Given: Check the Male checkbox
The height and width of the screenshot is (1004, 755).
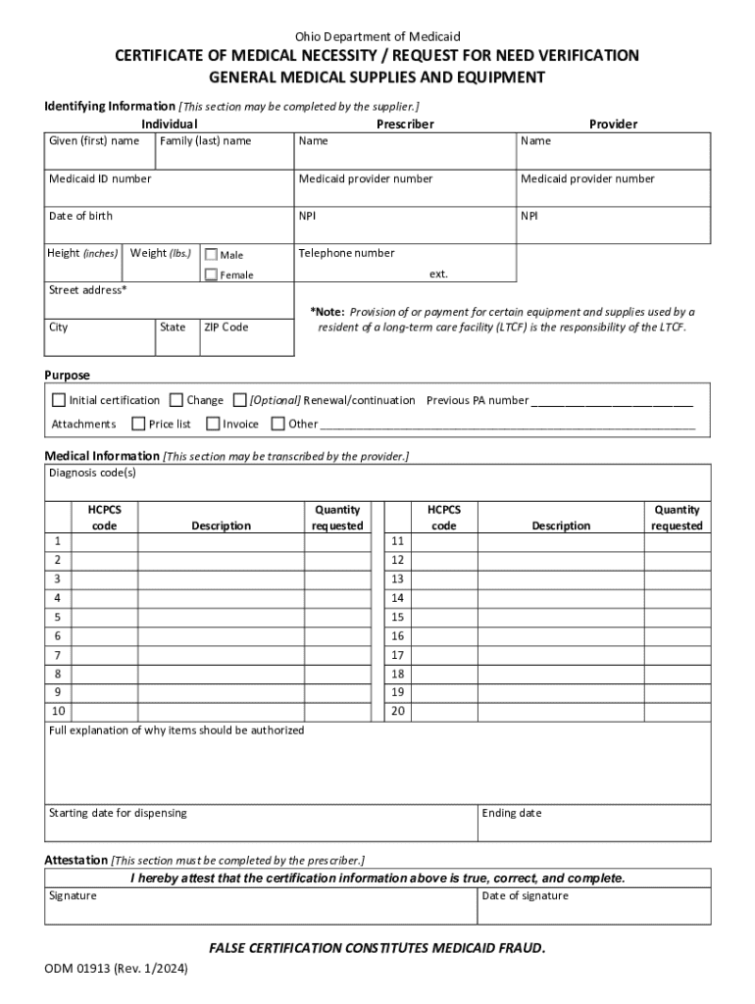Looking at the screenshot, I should (211, 255).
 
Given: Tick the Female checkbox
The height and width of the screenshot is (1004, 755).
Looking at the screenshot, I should (211, 275).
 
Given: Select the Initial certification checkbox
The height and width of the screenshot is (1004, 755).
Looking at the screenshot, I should (59, 400).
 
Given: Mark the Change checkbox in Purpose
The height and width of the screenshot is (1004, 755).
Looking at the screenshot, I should (176, 400).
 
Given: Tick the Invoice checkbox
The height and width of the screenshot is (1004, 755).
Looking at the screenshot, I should (213, 424).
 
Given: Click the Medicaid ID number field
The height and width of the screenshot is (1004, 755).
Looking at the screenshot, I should (169, 192).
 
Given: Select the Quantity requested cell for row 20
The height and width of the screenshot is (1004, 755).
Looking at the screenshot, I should (678, 712).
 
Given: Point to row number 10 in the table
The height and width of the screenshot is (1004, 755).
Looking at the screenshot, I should (59, 712).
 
